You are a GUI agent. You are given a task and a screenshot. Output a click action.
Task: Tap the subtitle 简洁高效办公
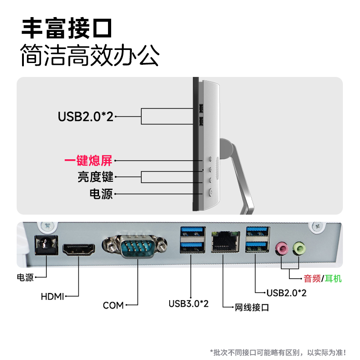90,56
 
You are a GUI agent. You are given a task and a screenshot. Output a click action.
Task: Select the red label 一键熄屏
88,160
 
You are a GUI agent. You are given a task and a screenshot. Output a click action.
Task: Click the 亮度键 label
95,176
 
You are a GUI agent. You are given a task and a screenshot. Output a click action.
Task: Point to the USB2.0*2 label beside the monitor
85,117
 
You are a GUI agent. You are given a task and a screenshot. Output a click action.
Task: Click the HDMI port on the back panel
79,249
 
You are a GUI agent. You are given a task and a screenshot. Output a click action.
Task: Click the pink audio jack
282,247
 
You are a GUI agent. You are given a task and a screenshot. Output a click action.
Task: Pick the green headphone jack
299,247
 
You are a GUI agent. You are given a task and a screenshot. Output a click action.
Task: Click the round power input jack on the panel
45,246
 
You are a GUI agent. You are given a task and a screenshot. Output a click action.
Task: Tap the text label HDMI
52,297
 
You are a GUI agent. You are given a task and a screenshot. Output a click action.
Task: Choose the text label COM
113,306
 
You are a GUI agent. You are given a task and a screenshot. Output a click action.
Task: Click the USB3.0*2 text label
189,304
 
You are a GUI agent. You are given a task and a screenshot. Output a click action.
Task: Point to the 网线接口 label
252,308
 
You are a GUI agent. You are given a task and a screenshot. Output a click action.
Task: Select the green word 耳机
333,279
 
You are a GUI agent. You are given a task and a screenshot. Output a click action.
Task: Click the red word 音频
313,279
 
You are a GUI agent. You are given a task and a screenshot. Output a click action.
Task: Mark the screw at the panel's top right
318,226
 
